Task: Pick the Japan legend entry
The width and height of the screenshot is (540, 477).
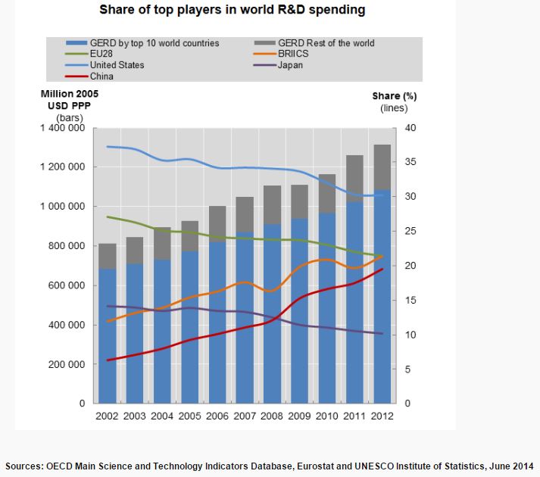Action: pos(291,65)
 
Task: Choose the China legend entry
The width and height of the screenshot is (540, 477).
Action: pos(101,76)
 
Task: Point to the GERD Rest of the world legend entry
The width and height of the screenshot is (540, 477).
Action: pos(326,43)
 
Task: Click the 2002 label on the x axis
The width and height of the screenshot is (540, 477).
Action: pos(108,416)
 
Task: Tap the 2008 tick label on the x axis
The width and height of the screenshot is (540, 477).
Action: pos(272,416)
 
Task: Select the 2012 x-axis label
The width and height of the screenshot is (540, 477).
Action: pos(382,416)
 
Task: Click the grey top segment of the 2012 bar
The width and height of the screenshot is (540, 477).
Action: pos(382,167)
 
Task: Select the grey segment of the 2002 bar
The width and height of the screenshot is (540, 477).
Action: pos(108,256)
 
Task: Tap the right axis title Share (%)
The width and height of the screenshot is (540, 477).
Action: pos(395,96)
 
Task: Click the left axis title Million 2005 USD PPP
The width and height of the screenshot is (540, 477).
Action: pos(66,100)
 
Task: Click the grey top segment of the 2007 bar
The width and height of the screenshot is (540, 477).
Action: pos(245,214)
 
